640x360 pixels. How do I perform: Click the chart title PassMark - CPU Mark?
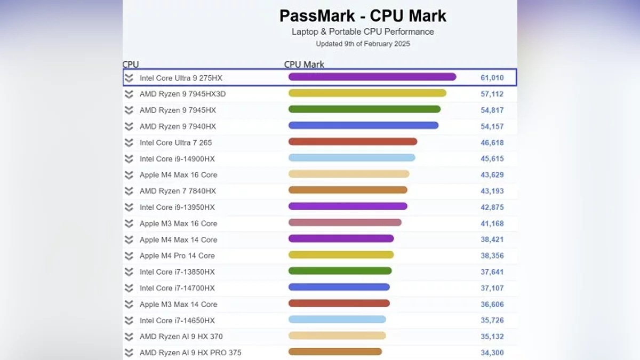pyautogui.click(x=363, y=15)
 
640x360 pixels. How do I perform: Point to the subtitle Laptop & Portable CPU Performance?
pyautogui.click(x=363, y=31)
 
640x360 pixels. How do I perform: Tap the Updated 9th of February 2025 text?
pyautogui.click(x=363, y=44)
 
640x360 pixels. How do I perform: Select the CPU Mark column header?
pyautogui.click(x=304, y=65)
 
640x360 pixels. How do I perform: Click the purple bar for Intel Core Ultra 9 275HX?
pyautogui.click(x=372, y=77)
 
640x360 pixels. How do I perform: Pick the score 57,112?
pyautogui.click(x=492, y=94)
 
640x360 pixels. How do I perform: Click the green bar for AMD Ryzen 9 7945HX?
pyautogui.click(x=364, y=109)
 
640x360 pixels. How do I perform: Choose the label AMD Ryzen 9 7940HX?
pyautogui.click(x=178, y=126)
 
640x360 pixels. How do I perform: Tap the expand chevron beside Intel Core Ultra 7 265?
pyautogui.click(x=129, y=142)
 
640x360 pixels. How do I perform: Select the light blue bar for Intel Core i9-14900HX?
pyautogui.click(x=351, y=158)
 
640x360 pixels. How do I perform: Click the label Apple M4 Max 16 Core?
pyautogui.click(x=178, y=175)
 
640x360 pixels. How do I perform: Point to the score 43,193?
pyautogui.click(x=492, y=191)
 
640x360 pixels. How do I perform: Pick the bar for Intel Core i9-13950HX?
pyautogui.click(x=348, y=206)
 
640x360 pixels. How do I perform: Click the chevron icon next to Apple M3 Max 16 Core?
pyautogui.click(x=129, y=223)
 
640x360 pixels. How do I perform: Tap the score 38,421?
pyautogui.click(x=492, y=239)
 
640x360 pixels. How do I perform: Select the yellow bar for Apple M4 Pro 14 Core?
pyautogui.click(x=341, y=255)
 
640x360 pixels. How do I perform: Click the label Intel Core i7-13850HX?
pyautogui.click(x=177, y=272)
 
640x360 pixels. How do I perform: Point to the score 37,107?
pyautogui.click(x=492, y=288)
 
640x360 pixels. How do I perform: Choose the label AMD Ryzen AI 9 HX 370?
pyautogui.click(x=181, y=337)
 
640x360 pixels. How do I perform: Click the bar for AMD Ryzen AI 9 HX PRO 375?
pyautogui.click(x=335, y=351)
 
